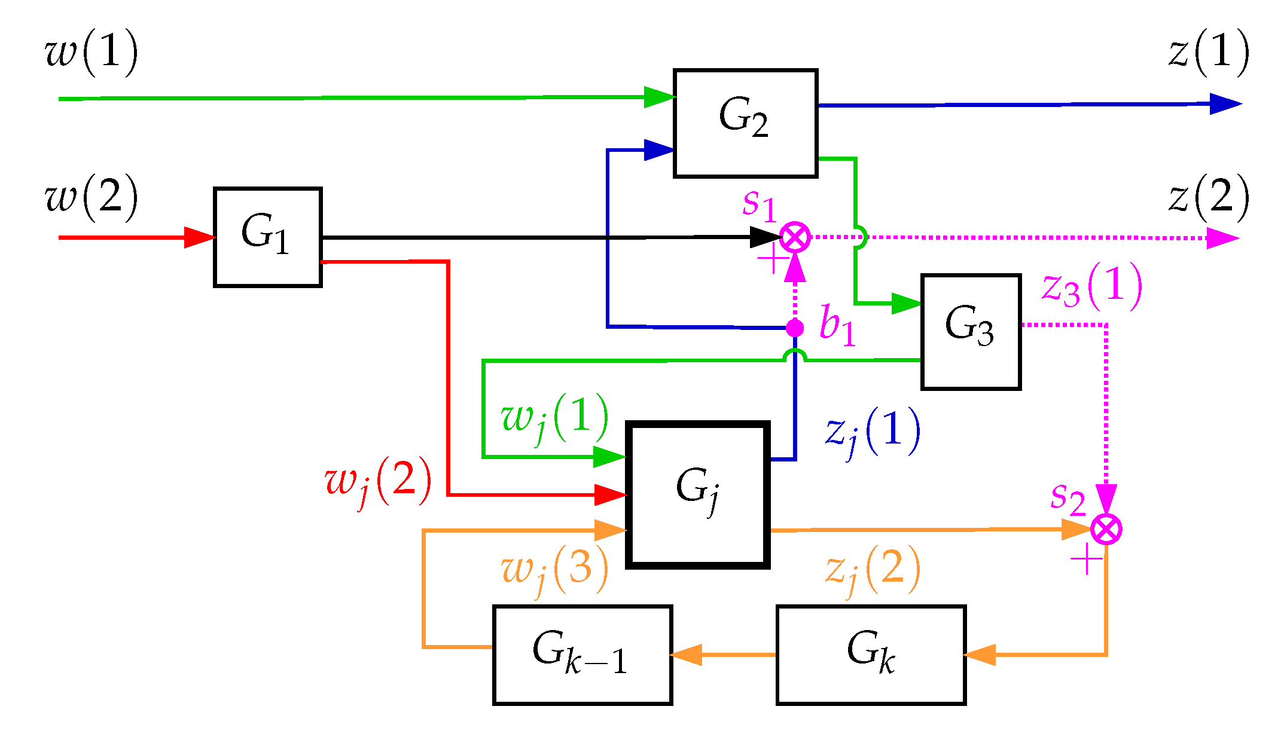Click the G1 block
[268, 237]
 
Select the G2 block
[745, 123]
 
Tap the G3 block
[971, 332]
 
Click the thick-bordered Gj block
[697, 494]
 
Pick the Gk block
[871, 655]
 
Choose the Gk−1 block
[582, 655]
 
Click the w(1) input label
[92, 53]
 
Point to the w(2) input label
[92, 198]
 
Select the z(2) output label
[1209, 198]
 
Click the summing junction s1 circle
[795, 237]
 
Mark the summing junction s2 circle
[1106, 530]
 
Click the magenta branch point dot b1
[795, 328]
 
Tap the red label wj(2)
[378, 482]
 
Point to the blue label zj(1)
[873, 432]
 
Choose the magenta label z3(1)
[1091, 287]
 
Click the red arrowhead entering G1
[199, 237]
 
